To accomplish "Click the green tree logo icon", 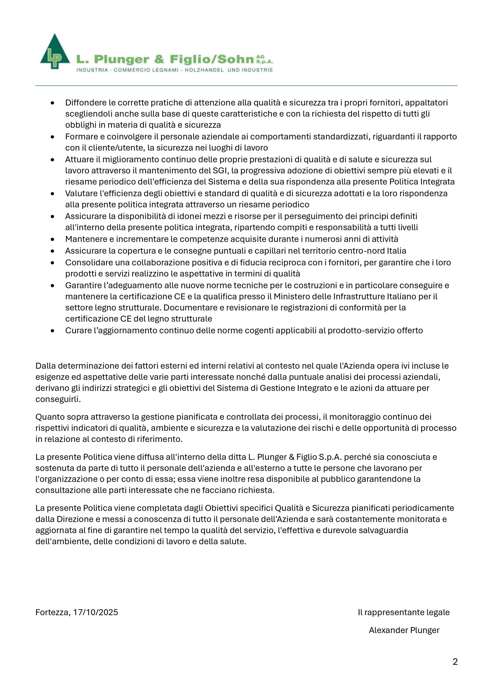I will (x=55, y=52).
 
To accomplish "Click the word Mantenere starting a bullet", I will (x=85, y=239).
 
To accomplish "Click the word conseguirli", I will (x=58, y=399).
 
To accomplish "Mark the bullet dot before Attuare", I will (x=53, y=160).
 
